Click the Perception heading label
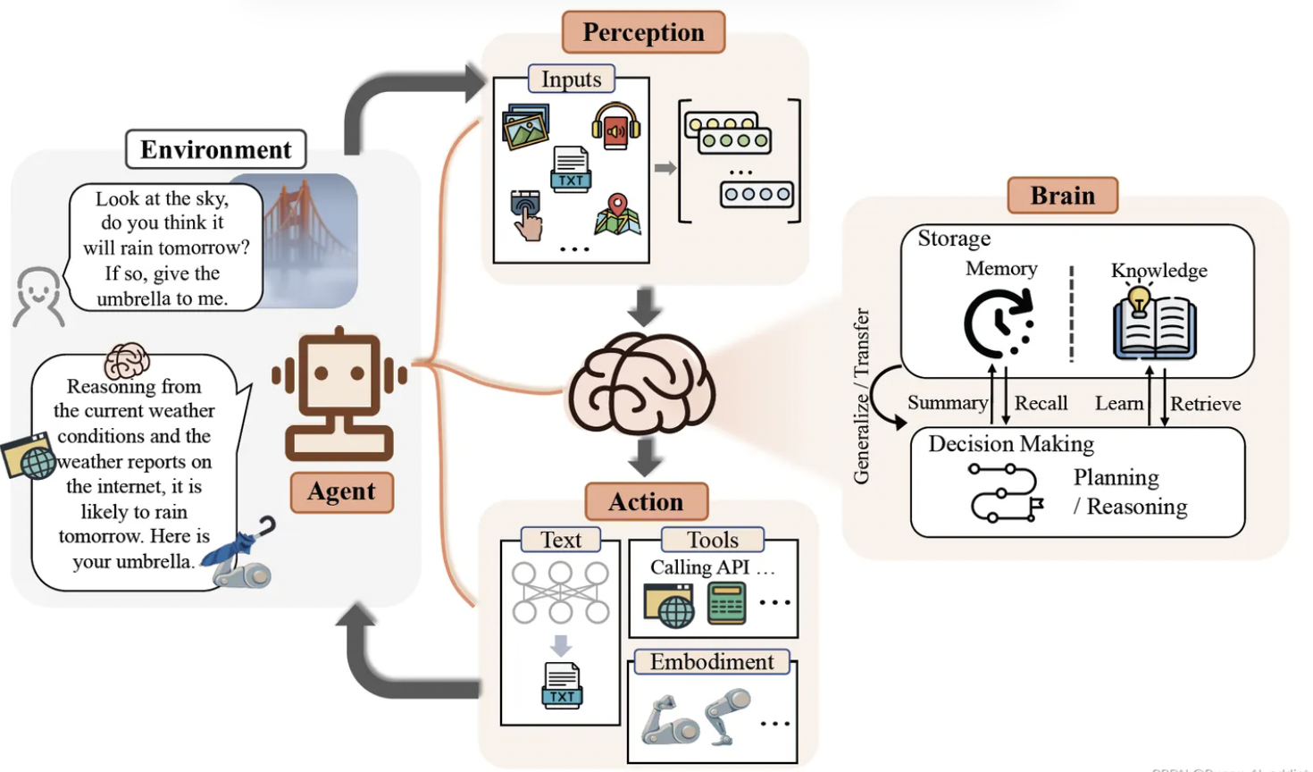tap(643, 32)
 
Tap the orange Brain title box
tap(1062, 195)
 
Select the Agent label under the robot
tap(342, 491)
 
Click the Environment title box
tap(216, 149)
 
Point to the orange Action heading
tap(646, 501)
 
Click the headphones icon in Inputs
tap(616, 126)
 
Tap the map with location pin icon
tap(617, 214)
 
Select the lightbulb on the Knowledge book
tap(1138, 299)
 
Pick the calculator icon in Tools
tap(726, 603)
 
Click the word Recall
tap(1041, 403)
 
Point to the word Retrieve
tap(1205, 404)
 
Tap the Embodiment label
tap(712, 662)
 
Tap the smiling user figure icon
tap(38, 295)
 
